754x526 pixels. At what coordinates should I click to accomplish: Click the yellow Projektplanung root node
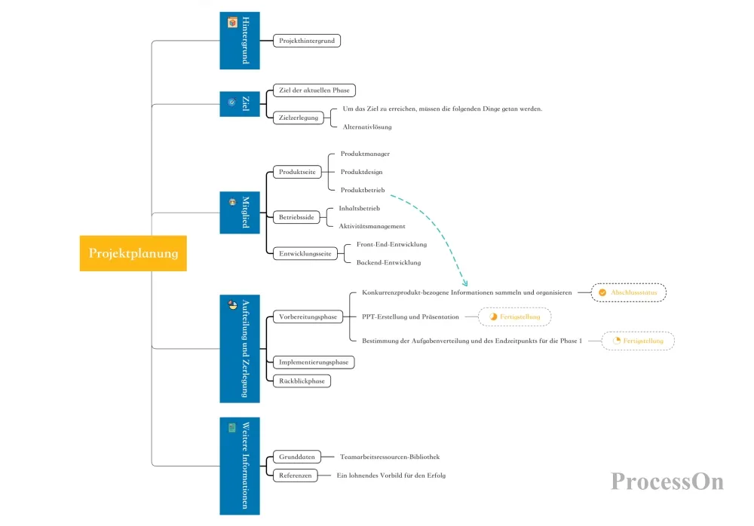(133, 253)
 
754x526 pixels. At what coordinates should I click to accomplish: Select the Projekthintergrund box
(307, 41)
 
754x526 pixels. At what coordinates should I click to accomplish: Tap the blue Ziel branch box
(240, 104)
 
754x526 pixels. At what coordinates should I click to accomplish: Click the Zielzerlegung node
(298, 118)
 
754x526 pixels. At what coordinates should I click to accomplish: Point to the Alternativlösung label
(367, 127)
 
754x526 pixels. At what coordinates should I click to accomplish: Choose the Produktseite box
(297, 172)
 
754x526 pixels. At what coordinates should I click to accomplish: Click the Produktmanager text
(365, 154)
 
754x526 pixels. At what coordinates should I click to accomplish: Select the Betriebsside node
(296, 217)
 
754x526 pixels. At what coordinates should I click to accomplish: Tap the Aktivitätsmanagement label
(372, 226)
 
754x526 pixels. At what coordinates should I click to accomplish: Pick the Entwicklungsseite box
(305, 253)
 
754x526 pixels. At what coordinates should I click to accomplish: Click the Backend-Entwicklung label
(388, 262)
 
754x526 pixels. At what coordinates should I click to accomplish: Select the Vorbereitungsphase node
(308, 317)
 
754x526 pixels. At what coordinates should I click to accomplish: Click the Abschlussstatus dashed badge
(629, 292)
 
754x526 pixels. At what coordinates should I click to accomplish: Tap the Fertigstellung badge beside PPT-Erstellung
(514, 317)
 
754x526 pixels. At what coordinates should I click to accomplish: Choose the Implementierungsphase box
(314, 362)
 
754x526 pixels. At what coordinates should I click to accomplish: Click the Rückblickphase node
(302, 381)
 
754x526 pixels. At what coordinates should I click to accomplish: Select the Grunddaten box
(296, 457)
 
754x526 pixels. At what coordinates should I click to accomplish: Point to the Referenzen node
(296, 476)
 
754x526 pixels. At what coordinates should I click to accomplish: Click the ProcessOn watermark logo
(667, 482)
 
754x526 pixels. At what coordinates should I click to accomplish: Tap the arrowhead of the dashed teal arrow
(465, 283)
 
